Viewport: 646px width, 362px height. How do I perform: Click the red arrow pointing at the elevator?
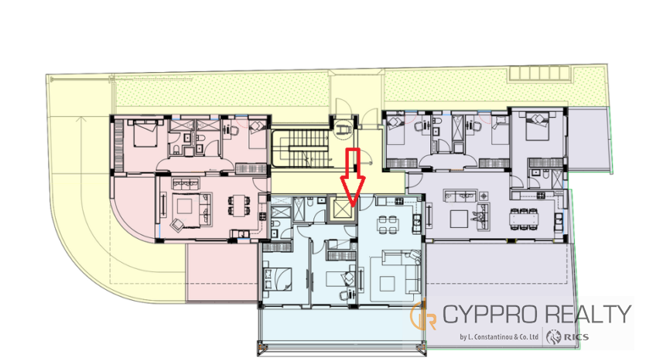(353, 177)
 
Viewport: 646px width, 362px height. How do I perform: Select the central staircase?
(302, 148)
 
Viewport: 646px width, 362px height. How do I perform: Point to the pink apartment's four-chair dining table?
(239, 205)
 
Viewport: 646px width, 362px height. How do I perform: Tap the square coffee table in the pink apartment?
(185, 205)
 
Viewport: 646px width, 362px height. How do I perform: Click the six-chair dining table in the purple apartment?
(524, 219)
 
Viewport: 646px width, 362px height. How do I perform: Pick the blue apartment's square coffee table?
(387, 284)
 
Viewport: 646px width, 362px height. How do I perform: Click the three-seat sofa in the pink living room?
(186, 182)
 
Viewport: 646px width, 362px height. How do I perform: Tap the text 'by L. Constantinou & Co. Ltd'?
(499, 337)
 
